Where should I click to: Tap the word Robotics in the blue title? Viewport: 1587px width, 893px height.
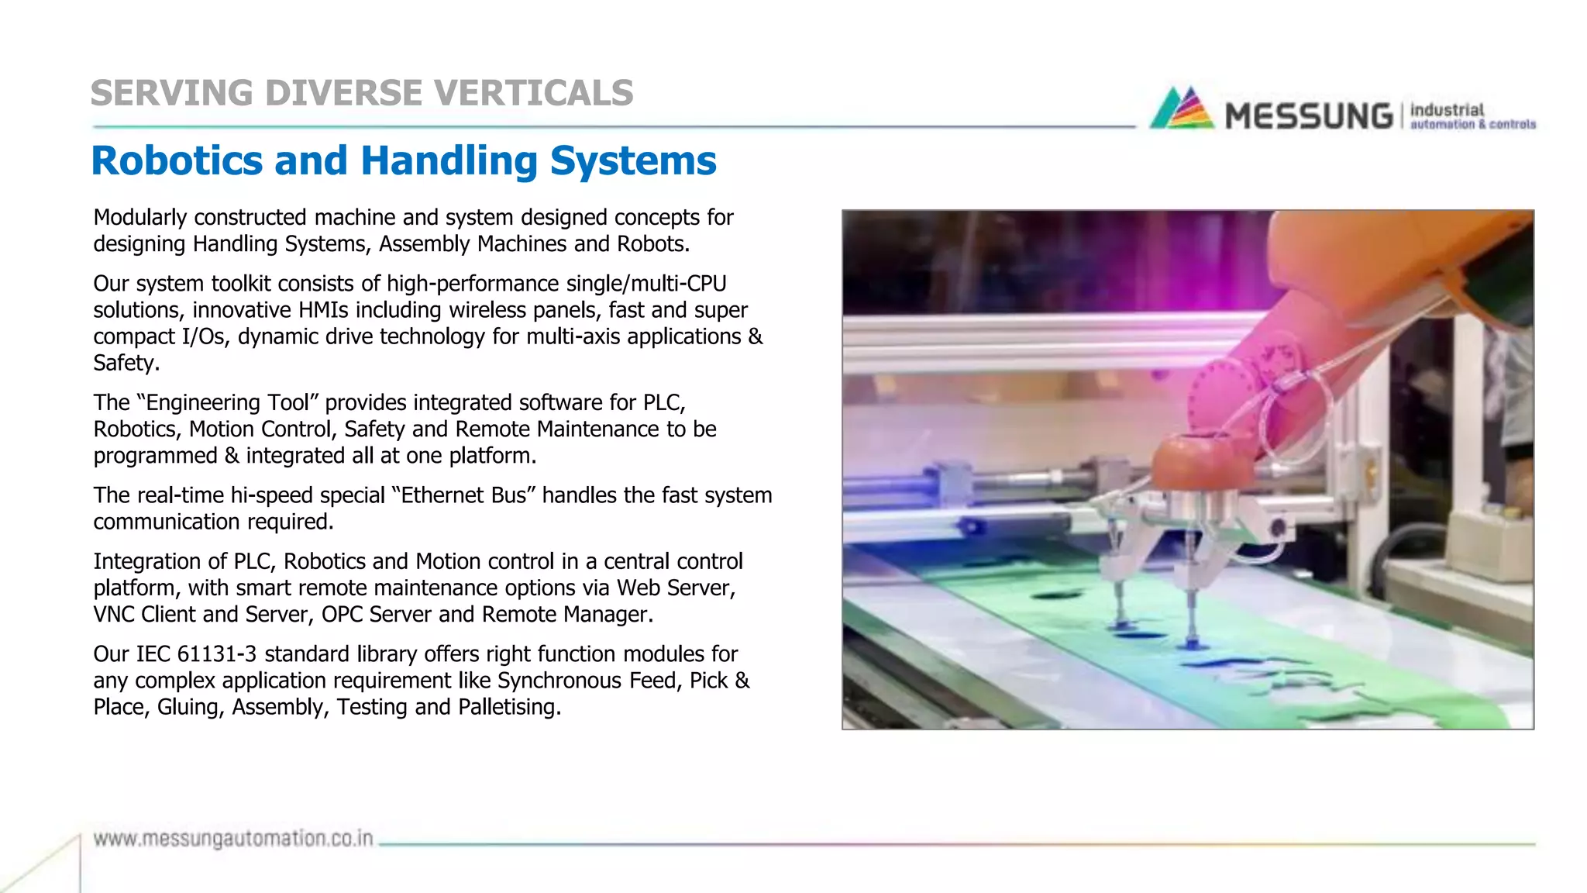pyautogui.click(x=177, y=160)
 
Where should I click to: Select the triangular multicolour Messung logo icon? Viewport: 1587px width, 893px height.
pyautogui.click(x=1182, y=109)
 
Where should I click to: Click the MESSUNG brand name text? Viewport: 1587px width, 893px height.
pyautogui.click(x=1309, y=116)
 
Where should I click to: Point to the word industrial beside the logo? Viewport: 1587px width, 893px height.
pyautogui.click(x=1447, y=109)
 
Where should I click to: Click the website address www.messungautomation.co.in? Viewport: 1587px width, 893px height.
pyautogui.click(x=233, y=839)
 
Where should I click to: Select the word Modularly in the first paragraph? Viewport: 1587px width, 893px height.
pyautogui.click(x=140, y=218)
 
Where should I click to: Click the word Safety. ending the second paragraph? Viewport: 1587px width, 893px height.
pyautogui.click(x=126, y=363)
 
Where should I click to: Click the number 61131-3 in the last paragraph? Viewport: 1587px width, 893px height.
pyautogui.click(x=216, y=654)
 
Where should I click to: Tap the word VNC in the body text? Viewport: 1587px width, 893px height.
pyautogui.click(x=114, y=615)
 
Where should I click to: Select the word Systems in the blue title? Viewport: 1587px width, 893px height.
pyautogui.click(x=633, y=160)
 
